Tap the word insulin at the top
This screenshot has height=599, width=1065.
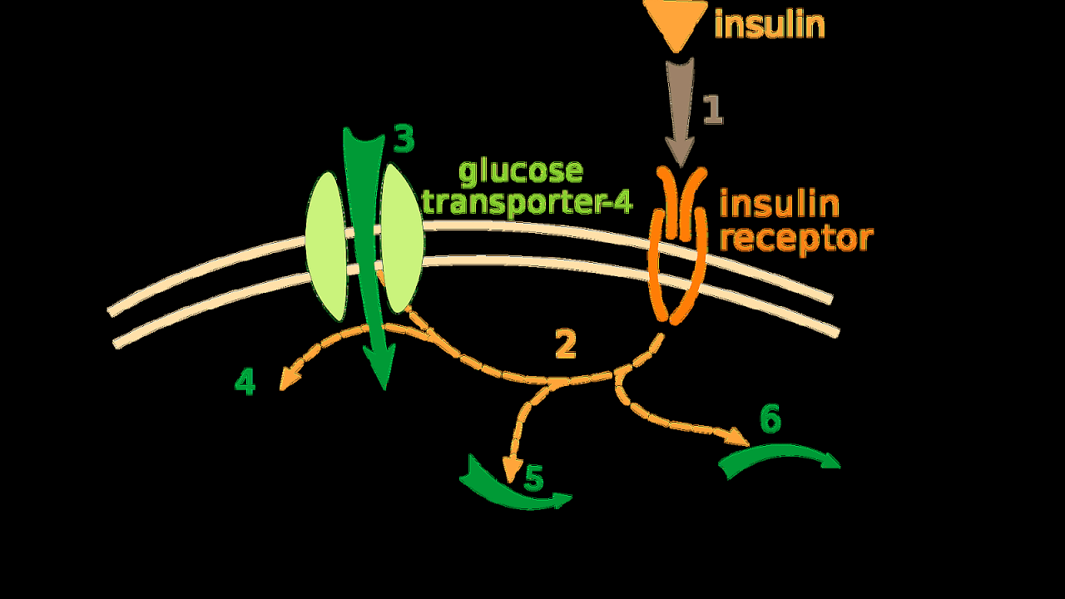[x=770, y=24]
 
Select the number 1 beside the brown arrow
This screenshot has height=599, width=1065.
[x=713, y=110]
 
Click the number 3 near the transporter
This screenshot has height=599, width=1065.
[x=404, y=140]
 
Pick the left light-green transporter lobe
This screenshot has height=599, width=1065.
[x=326, y=245]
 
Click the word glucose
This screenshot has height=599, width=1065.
[x=521, y=171]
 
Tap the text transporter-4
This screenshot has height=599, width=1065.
[x=528, y=201]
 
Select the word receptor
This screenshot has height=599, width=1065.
[x=795, y=238]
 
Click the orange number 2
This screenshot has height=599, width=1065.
[x=565, y=344]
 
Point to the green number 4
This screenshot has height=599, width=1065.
[x=245, y=382]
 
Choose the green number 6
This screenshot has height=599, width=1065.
[x=770, y=419]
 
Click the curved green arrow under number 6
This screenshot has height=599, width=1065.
[x=778, y=457]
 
